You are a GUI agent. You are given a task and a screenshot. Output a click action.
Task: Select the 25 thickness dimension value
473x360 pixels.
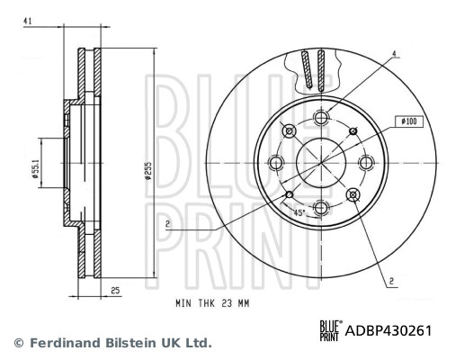(115, 290)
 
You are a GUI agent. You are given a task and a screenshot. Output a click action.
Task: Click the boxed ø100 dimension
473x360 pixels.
(405, 121)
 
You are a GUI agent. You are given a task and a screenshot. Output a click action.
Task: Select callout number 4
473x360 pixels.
(393, 54)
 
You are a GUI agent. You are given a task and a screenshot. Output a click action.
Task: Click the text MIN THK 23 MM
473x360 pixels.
(211, 305)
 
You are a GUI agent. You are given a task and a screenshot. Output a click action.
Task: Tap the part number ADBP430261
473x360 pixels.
(388, 330)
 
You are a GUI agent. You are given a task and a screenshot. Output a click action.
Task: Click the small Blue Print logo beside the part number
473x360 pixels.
(328, 330)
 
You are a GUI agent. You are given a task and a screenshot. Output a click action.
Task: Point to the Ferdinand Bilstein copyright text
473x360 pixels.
(112, 343)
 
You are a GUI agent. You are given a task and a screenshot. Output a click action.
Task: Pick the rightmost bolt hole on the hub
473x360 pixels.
(367, 162)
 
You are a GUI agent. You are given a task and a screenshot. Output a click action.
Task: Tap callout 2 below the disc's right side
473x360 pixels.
(393, 281)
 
